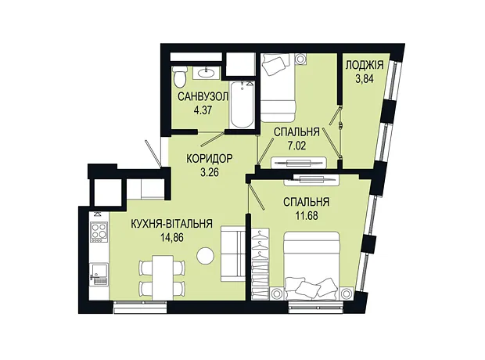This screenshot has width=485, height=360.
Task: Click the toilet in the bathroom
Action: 179,77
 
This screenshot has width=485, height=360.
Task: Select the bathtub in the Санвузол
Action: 242,104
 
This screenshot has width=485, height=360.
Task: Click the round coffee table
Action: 206,256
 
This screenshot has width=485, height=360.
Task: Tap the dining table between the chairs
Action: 163,277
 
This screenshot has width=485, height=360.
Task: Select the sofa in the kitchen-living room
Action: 233,254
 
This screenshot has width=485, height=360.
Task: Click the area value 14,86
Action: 172,238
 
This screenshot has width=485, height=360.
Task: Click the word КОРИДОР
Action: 209,159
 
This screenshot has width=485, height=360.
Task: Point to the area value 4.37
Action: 203,110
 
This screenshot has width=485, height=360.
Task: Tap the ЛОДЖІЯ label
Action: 365,65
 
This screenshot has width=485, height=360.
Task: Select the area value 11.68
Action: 307,215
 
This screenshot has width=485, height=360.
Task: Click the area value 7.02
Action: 296,146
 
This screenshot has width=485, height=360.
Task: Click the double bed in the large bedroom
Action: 312,265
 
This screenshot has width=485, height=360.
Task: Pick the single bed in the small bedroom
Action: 278,88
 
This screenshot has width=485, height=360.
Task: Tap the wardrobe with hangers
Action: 260,264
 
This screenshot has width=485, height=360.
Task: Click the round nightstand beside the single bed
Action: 300,59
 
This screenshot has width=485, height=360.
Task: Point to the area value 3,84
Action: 365,79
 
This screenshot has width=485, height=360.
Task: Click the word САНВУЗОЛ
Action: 203,96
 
